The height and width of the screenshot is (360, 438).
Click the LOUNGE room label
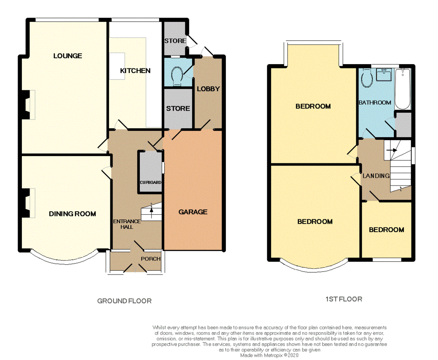(68, 56)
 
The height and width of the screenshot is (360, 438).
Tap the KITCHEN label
(135, 71)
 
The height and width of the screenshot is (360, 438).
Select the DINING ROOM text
(72, 214)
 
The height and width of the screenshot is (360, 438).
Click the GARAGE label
(193, 212)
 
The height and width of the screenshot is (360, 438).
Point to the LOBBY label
(208, 89)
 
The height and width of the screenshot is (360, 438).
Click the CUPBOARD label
(151, 183)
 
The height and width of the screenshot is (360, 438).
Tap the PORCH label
(151, 259)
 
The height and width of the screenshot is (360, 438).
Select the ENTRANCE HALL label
(126, 224)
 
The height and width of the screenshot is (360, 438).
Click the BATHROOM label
(375, 103)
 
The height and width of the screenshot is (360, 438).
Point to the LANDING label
(376, 176)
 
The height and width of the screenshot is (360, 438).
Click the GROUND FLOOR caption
(124, 301)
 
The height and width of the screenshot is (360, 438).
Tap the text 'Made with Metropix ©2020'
(269, 355)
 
